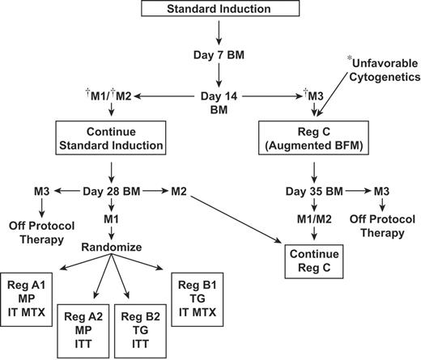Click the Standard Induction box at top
(x=219, y=10)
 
